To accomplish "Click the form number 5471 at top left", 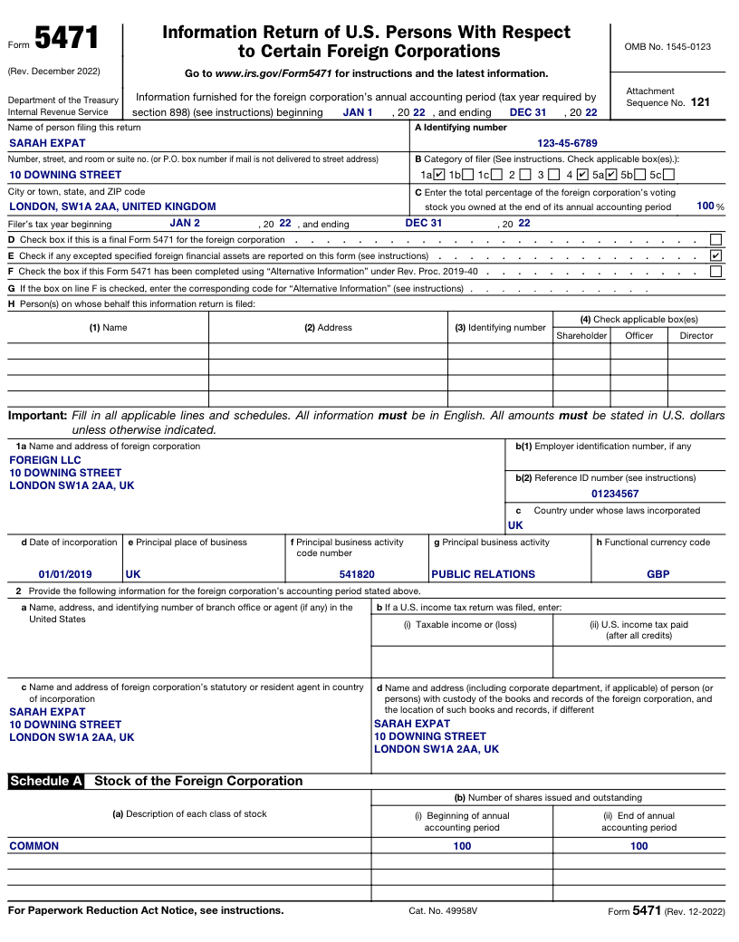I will [x=66, y=39].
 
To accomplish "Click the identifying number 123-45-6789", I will [x=567, y=143].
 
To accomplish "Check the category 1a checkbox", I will [x=439, y=175].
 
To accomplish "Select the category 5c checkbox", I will [x=668, y=175].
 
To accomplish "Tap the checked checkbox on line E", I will [x=715, y=255].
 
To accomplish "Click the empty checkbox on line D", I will [x=715, y=240].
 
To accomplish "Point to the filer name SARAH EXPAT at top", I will [x=47, y=143].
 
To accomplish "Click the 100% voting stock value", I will [x=705, y=207].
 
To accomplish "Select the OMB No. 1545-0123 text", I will [x=667, y=46].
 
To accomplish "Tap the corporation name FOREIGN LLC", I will [x=45, y=460].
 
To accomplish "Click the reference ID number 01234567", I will [x=615, y=494].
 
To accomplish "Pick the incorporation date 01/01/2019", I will [x=65, y=574].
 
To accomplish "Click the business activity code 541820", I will [x=357, y=574].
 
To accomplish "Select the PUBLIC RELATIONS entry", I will [x=483, y=574].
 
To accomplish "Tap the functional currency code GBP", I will [x=658, y=574].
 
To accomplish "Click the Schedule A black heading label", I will [x=46, y=781].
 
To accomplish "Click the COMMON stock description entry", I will [x=34, y=846].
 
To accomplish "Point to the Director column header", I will [x=696, y=335].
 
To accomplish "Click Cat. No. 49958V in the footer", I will [x=443, y=911].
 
